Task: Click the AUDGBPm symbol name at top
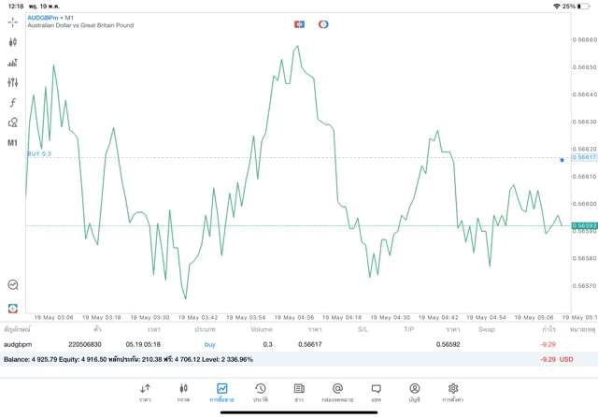[43, 17]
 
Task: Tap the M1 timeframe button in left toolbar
[12, 142]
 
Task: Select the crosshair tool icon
[12, 22]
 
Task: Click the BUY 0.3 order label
[39, 153]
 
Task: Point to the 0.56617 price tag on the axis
[584, 158]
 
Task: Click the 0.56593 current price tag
[584, 225]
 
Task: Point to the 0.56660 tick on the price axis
[584, 39]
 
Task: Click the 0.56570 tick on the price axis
[584, 285]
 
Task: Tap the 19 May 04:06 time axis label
[292, 317]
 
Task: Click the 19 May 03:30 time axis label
[148, 317]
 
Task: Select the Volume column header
[262, 329]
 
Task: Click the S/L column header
[363, 329]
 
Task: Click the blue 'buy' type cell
[209, 344]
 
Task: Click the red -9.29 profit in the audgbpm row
[548, 344]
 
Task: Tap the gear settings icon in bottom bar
[453, 389]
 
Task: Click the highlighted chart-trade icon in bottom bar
[222, 389]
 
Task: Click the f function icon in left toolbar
[12, 102]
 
